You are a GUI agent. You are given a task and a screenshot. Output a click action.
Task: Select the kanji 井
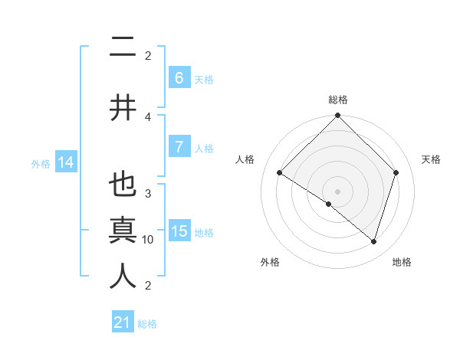(123, 107)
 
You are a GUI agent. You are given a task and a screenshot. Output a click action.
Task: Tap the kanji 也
(123, 185)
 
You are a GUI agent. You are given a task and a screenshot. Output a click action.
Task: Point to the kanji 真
(123, 231)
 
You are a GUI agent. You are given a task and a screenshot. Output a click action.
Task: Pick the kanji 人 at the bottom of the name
(123, 277)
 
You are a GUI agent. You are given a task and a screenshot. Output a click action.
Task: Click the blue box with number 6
(179, 78)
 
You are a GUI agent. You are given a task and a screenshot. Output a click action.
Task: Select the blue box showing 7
(179, 147)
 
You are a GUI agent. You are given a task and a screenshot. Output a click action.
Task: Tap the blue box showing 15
(179, 231)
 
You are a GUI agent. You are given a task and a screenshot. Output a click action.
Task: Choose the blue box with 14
(66, 162)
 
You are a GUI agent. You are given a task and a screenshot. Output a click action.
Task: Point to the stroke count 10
(148, 239)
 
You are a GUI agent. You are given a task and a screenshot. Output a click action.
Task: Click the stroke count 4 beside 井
(148, 116)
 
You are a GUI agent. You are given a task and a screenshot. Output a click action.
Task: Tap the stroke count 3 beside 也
(148, 193)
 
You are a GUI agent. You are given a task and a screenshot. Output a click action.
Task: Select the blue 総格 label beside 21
(147, 323)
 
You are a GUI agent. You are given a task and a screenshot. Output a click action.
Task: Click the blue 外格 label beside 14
(41, 163)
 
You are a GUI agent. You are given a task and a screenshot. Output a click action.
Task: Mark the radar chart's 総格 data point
(337, 116)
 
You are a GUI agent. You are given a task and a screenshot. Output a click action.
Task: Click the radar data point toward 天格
(396, 172)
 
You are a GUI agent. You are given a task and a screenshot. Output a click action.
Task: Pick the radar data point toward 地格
(373, 241)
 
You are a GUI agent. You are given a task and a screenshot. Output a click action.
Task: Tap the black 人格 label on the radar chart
(245, 159)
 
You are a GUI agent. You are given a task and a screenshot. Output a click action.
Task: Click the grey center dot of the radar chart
(337, 191)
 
